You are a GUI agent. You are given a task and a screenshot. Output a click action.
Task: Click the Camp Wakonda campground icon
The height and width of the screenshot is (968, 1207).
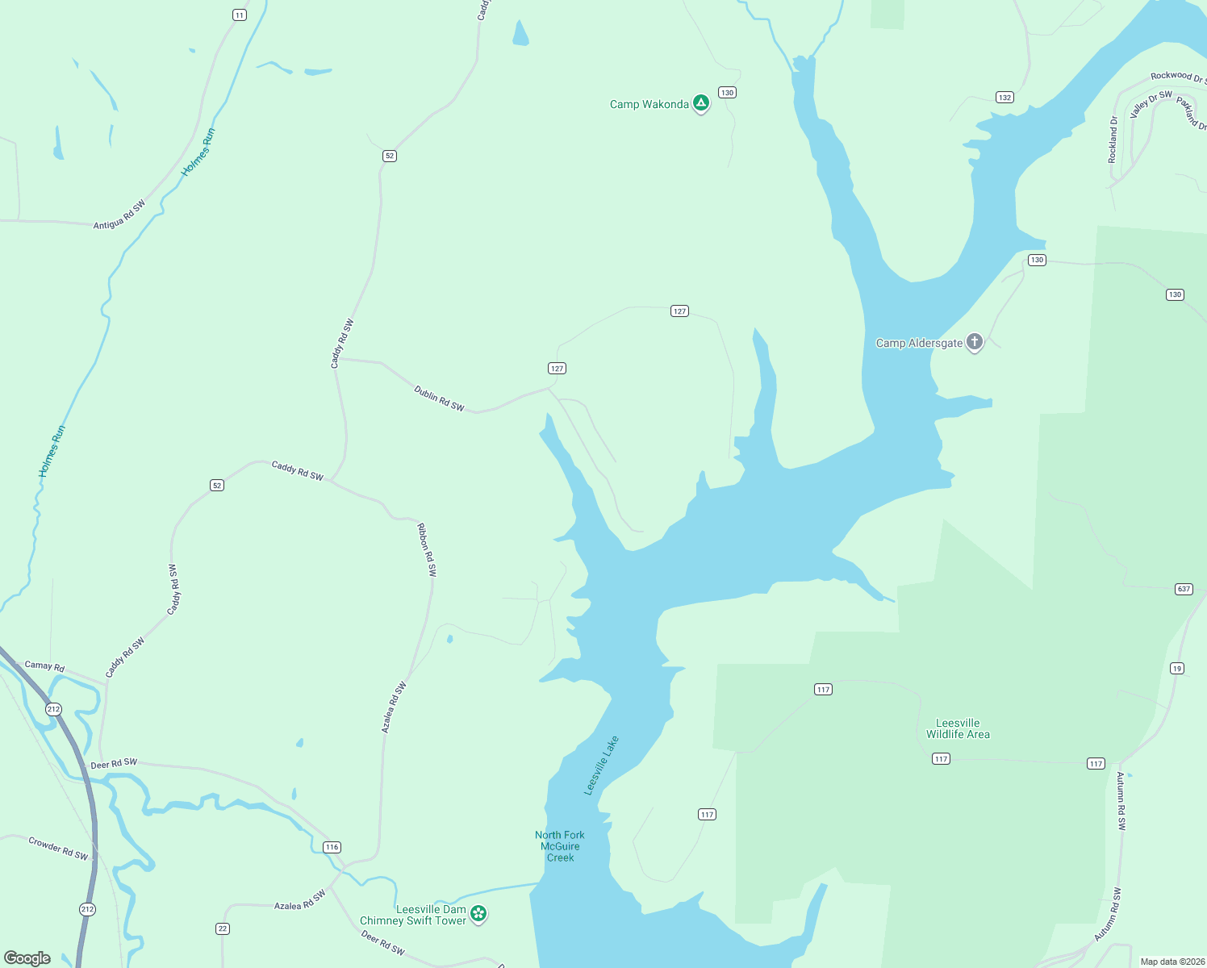701,103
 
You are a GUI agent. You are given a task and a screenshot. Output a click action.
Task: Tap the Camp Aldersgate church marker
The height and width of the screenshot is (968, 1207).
975,342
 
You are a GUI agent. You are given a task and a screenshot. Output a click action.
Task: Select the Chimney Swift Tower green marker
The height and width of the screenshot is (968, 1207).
478,913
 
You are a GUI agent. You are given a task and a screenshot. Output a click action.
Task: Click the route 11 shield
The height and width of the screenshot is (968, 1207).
239,15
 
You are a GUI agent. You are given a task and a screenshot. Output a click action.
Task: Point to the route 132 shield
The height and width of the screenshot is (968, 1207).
1004,98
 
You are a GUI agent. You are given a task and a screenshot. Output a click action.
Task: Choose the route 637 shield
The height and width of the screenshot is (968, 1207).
1184,589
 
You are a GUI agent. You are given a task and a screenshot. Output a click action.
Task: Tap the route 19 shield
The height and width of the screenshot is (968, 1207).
1177,668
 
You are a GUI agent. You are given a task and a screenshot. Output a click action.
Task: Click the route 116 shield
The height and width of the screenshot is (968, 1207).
332,847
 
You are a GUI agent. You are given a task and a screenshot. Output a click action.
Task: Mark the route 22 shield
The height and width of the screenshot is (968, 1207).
223,928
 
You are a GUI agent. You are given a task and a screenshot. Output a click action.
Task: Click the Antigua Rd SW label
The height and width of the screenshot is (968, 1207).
119,215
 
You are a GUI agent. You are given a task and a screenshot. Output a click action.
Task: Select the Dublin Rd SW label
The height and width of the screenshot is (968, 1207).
440,398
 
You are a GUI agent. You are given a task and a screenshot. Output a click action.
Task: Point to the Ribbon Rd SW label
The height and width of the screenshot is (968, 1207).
427,549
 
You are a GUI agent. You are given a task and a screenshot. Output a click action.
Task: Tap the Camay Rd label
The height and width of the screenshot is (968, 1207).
44,665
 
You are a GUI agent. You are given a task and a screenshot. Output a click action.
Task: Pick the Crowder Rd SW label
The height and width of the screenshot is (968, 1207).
58,849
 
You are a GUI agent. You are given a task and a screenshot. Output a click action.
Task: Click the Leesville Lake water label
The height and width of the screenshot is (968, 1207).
602,766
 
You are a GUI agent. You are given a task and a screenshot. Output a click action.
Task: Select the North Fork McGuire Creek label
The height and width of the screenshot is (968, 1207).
560,846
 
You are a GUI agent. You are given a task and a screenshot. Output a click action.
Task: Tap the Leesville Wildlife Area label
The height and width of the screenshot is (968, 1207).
958,728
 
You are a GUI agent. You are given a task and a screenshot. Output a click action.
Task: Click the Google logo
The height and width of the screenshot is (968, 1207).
27,958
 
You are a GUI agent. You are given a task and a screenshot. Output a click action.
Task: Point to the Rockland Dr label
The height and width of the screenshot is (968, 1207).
1113,140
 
